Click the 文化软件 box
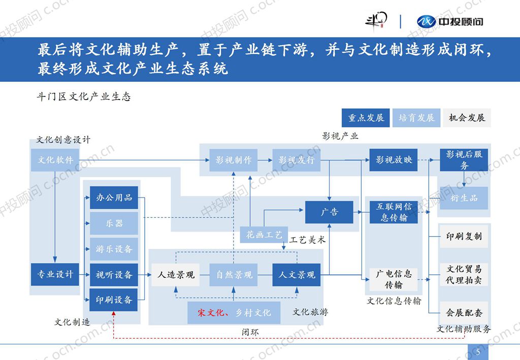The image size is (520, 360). pyautogui.click(x=55, y=160)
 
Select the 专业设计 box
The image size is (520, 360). pyautogui.click(x=55, y=274)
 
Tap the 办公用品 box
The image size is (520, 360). pyautogui.click(x=114, y=198)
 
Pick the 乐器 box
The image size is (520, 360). pyautogui.click(x=114, y=223)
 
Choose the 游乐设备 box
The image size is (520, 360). pyautogui.click(x=114, y=249)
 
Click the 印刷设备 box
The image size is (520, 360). pyautogui.click(x=114, y=300)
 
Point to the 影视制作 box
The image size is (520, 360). pyautogui.click(x=234, y=160)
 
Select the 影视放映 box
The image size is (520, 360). pyautogui.click(x=394, y=160)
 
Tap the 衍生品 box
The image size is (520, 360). pyautogui.click(x=464, y=198)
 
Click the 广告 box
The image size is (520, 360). pyautogui.click(x=329, y=212)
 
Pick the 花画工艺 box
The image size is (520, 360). pyautogui.click(x=264, y=235)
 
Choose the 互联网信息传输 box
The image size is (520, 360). pyautogui.click(x=394, y=212)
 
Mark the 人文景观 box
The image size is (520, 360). pyautogui.click(x=297, y=275)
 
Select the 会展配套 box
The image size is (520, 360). pyautogui.click(x=464, y=313)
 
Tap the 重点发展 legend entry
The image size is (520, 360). pyautogui.click(x=366, y=118)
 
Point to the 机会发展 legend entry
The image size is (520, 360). pyautogui.click(x=467, y=118)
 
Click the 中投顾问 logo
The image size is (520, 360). pyautogui.click(x=450, y=21)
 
